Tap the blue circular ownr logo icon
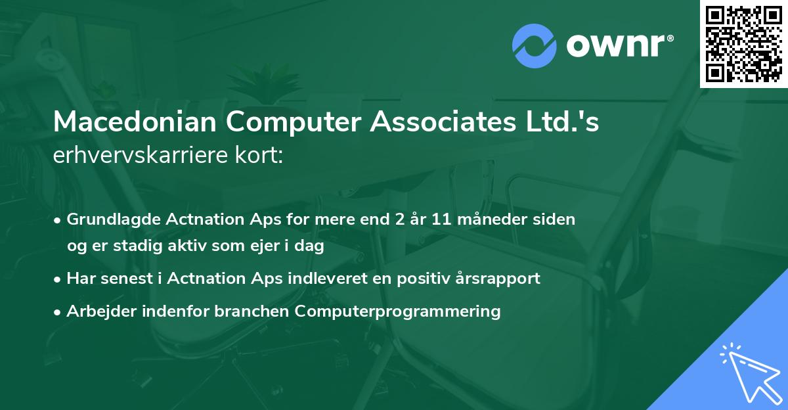(535, 45)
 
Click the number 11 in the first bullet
(441, 219)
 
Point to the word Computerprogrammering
(398, 311)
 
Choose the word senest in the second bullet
(125, 279)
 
